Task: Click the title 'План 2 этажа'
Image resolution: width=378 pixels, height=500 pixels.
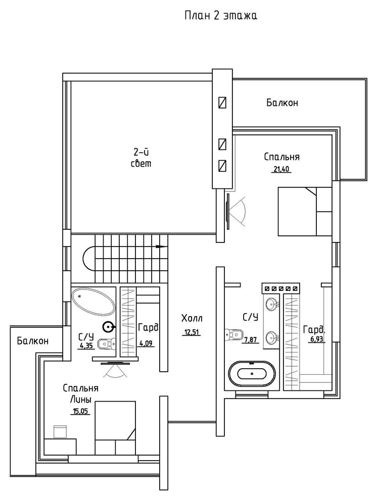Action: coord(221,16)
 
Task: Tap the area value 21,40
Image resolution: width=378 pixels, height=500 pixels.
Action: coord(281,169)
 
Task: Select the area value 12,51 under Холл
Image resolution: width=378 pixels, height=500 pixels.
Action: coord(192,332)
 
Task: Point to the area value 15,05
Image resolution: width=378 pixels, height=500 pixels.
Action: coord(80,411)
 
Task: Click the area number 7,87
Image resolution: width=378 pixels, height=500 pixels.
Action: coord(251,340)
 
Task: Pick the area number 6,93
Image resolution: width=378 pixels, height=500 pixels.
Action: coord(317,339)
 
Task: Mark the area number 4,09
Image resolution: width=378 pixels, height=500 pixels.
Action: coord(146,343)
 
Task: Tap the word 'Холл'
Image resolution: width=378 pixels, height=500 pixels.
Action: coord(192,318)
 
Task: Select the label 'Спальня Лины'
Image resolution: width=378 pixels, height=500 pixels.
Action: coord(80,394)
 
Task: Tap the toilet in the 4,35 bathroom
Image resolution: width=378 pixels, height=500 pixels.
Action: coord(105,344)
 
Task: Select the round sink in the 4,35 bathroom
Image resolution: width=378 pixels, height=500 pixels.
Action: coord(109,327)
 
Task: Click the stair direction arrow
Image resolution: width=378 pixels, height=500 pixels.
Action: coord(161,246)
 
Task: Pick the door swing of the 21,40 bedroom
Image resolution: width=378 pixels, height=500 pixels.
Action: coord(237,210)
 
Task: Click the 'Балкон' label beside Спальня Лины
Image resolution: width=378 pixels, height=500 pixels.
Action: coord(33,341)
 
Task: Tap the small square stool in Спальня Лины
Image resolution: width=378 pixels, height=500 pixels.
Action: coord(60,431)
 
